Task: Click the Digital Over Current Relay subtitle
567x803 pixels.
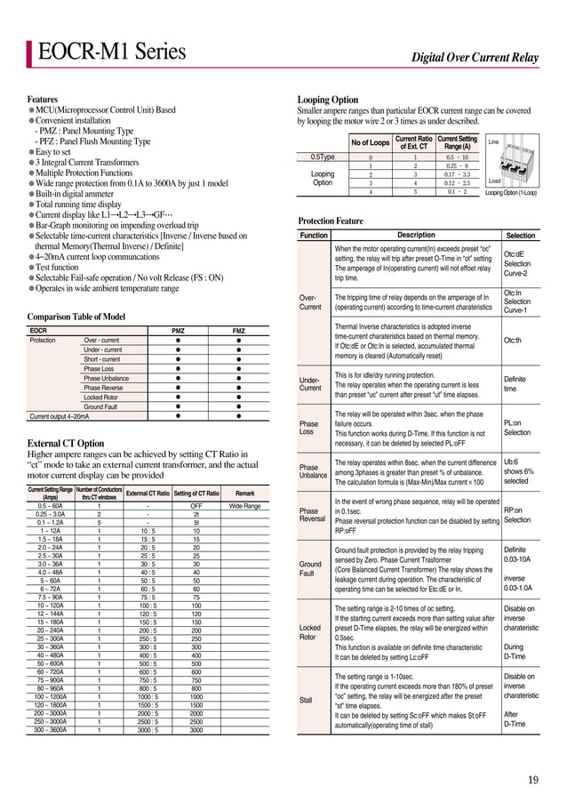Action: (475, 59)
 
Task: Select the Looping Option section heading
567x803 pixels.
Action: (328, 100)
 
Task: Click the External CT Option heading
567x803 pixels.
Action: (66, 443)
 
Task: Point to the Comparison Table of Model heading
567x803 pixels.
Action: (76, 317)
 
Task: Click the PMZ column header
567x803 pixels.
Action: (178, 331)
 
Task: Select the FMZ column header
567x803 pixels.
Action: (238, 331)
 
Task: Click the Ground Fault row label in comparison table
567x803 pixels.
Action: (100, 406)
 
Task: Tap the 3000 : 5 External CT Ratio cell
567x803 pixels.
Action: (148, 730)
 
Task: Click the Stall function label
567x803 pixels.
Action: (306, 700)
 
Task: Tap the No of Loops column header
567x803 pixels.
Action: (371, 142)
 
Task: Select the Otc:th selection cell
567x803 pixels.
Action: (514, 340)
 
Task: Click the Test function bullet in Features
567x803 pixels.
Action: (57, 267)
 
